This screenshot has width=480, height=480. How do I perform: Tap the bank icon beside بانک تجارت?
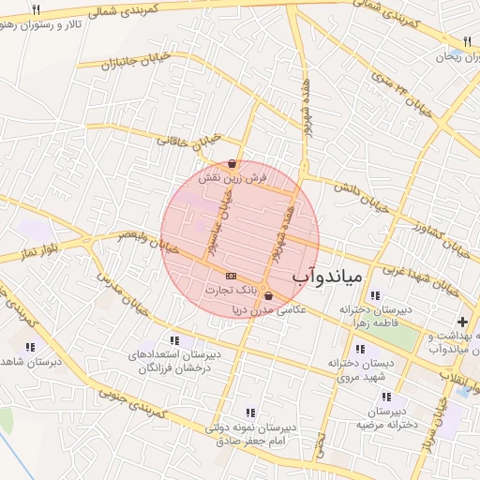pyautogui.click(x=231, y=276)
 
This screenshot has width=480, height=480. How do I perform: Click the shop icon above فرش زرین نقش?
pyautogui.click(x=232, y=164)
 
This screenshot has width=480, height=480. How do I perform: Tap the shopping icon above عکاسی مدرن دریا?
pyautogui.click(x=269, y=295)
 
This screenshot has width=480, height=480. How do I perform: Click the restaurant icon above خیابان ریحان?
pyautogui.click(x=466, y=41)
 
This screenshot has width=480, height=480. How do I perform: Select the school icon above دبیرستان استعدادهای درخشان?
pyautogui.click(x=173, y=340)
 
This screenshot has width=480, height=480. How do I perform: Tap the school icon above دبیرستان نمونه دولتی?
pyautogui.click(x=249, y=412)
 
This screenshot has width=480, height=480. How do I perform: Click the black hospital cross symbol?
pyautogui.click(x=461, y=322)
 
